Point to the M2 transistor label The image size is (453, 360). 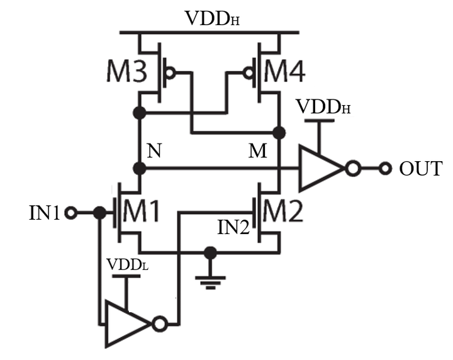(x=284, y=213)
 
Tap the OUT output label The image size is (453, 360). (x=421, y=169)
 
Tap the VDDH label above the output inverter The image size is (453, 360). (x=325, y=104)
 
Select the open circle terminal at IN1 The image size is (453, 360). (x=70, y=213)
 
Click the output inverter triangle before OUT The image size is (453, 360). (x=322, y=169)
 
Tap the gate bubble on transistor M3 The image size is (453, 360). (x=169, y=73)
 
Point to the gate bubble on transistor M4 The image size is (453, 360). (x=249, y=73)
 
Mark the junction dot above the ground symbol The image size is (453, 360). (x=211, y=252)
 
